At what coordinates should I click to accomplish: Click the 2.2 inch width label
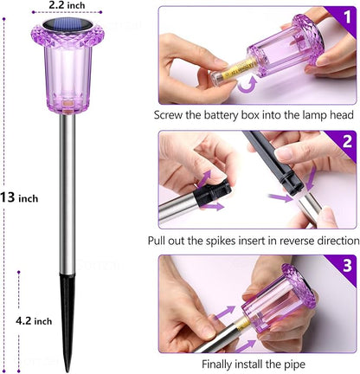pos(67,5)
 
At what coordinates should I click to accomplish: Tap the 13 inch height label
pos(19,198)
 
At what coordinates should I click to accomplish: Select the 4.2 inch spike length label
pos(34,320)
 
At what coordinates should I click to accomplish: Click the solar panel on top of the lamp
pos(67,23)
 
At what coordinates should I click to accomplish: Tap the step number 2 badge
pos(347,142)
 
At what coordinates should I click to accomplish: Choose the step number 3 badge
pos(347,266)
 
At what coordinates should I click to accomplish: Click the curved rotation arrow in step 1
pos(247,84)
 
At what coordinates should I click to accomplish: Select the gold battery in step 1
pos(238,68)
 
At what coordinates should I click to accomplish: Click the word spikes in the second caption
pos(221,241)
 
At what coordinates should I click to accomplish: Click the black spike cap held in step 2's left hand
pos(213,191)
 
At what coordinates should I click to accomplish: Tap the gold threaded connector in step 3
pos(243,324)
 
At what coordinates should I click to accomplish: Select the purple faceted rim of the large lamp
pos(67,35)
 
